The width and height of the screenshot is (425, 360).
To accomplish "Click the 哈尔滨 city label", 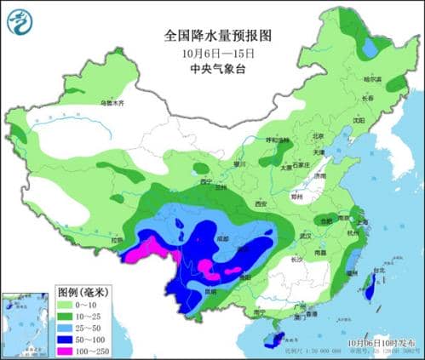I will (372, 80).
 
